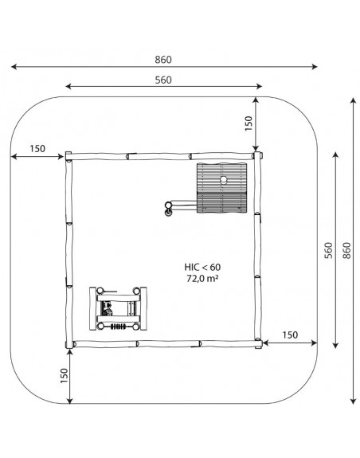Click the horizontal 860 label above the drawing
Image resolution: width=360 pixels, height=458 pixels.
pyautogui.click(x=163, y=60)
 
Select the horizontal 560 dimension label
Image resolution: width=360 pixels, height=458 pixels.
pyautogui.click(x=163, y=80)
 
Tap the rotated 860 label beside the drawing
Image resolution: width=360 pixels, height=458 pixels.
pyautogui.click(x=346, y=250)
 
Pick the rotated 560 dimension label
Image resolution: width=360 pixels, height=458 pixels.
pyautogui.click(x=329, y=250)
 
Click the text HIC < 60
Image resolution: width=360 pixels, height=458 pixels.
pyautogui.click(x=202, y=267)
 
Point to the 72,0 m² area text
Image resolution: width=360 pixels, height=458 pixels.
pyautogui.click(x=202, y=278)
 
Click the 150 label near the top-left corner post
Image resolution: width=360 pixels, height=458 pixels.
pyautogui.click(x=37, y=149)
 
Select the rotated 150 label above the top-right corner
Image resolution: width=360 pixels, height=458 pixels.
pyautogui.click(x=248, y=123)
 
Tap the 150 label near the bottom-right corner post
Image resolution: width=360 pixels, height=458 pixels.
pyautogui.click(x=290, y=335)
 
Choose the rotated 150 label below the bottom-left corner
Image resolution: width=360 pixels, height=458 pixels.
pyautogui.click(x=64, y=375)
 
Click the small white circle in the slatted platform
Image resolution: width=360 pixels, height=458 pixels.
pyautogui.click(x=224, y=179)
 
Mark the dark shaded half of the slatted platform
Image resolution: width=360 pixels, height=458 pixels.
pyautogui.click(x=222, y=202)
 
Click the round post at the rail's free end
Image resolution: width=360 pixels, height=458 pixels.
pyautogui.click(x=168, y=205)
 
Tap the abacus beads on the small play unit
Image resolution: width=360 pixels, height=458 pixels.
pyautogui.click(x=118, y=327)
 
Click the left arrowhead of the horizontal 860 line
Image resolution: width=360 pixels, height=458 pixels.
pyautogui.click(x=14, y=67)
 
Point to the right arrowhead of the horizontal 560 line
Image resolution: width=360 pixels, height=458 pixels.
pyautogui.click(x=259, y=86)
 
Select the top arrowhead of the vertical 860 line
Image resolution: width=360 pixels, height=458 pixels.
pyautogui.click(x=354, y=101)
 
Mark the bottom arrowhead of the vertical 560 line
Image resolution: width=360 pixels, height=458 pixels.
pyautogui.click(x=336, y=345)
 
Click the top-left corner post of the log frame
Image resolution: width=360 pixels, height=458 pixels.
pyautogui.click(x=68, y=156)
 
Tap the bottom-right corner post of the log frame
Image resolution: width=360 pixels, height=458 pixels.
pyautogui.click(x=258, y=343)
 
